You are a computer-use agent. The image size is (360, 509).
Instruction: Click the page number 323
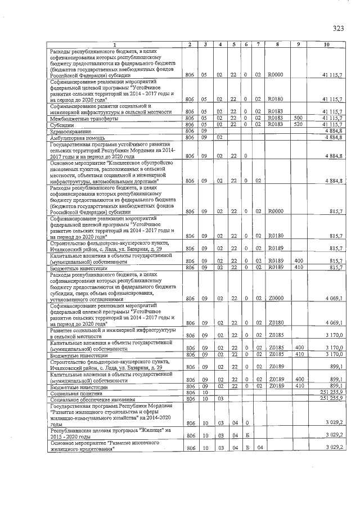click(x=337, y=29)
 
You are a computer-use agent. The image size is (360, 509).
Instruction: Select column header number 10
click(x=326, y=44)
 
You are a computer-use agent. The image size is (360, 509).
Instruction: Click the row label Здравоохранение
click(x=69, y=130)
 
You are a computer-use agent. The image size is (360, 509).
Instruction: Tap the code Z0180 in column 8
click(x=275, y=323)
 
